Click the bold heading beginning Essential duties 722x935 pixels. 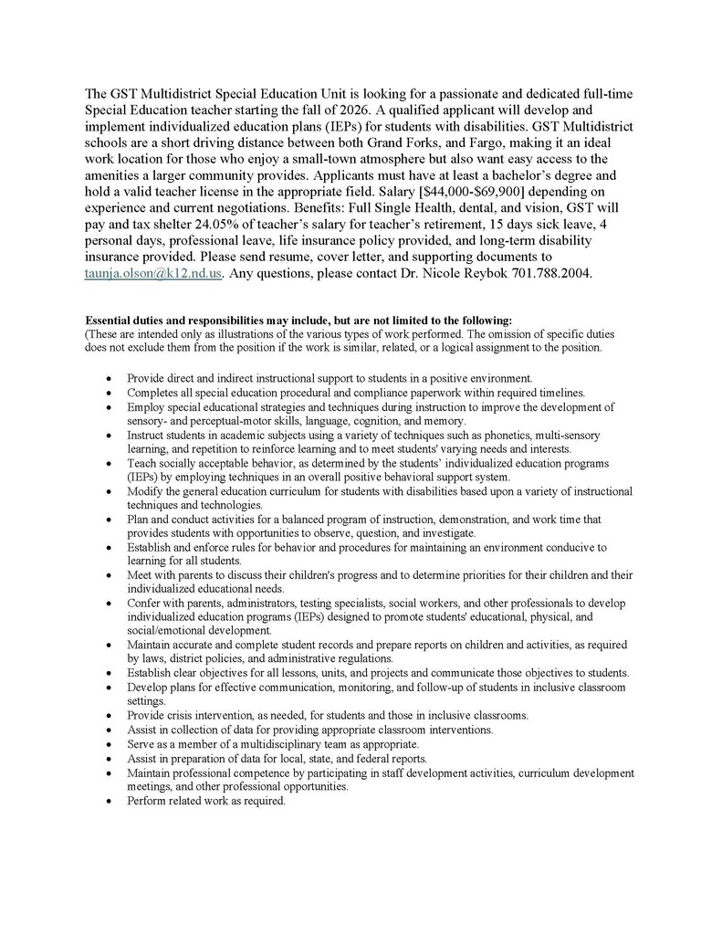[x=298, y=320]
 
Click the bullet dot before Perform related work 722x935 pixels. [x=110, y=802]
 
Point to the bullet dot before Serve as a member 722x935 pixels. [x=110, y=744]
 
